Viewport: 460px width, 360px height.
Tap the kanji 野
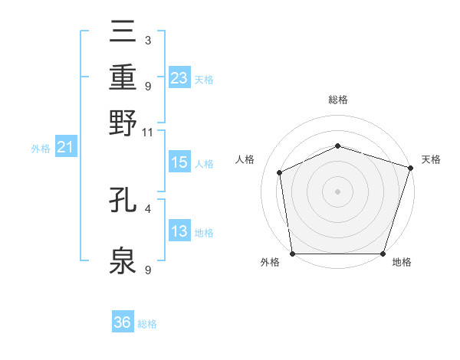point(123,123)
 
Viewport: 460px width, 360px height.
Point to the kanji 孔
point(123,201)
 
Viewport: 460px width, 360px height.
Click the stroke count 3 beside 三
point(147,40)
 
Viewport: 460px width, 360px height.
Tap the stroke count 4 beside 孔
point(147,208)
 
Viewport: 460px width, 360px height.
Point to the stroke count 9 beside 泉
point(147,269)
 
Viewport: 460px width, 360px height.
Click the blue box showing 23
point(179,77)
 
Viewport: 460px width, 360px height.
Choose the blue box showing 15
point(179,162)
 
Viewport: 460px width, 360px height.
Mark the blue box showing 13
point(179,231)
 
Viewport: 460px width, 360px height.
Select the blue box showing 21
point(64,147)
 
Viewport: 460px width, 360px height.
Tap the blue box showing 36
point(123,322)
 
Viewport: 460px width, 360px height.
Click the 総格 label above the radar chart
point(337,100)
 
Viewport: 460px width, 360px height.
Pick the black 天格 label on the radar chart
point(432,159)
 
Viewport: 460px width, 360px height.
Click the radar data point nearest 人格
point(280,172)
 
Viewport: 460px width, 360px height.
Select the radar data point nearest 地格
point(383,254)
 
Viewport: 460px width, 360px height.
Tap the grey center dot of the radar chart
point(337,191)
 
